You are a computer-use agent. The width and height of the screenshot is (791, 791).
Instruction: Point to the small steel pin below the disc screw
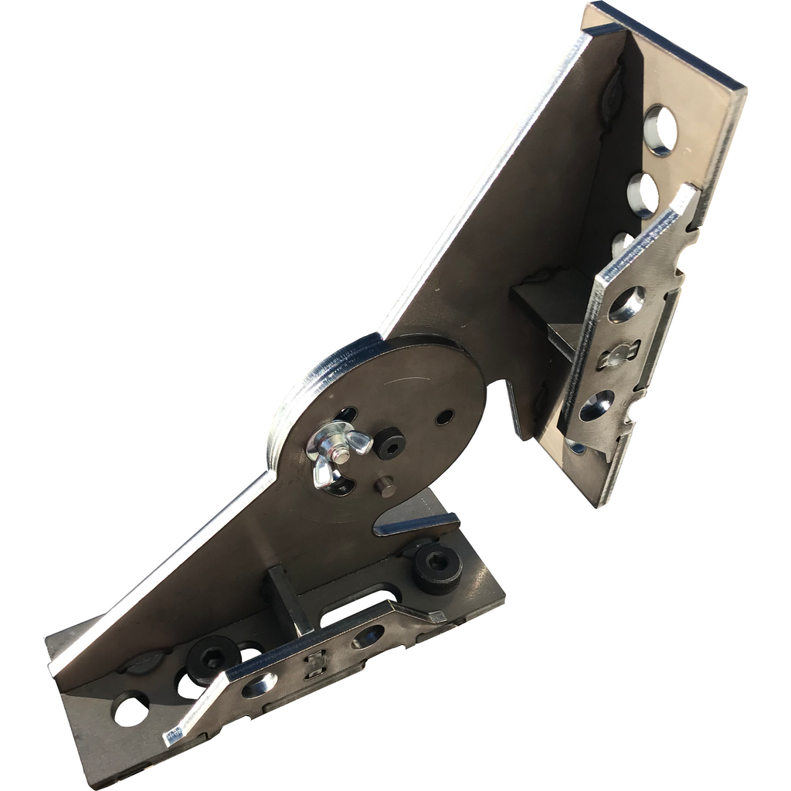click(x=385, y=486)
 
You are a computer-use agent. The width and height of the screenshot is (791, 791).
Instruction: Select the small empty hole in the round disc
click(x=445, y=417)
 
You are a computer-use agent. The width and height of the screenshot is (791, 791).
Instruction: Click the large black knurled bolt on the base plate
click(x=437, y=568)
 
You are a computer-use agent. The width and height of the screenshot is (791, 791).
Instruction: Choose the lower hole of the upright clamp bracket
click(x=597, y=406)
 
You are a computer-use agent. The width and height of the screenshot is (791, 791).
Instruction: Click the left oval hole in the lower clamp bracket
click(x=260, y=684)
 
